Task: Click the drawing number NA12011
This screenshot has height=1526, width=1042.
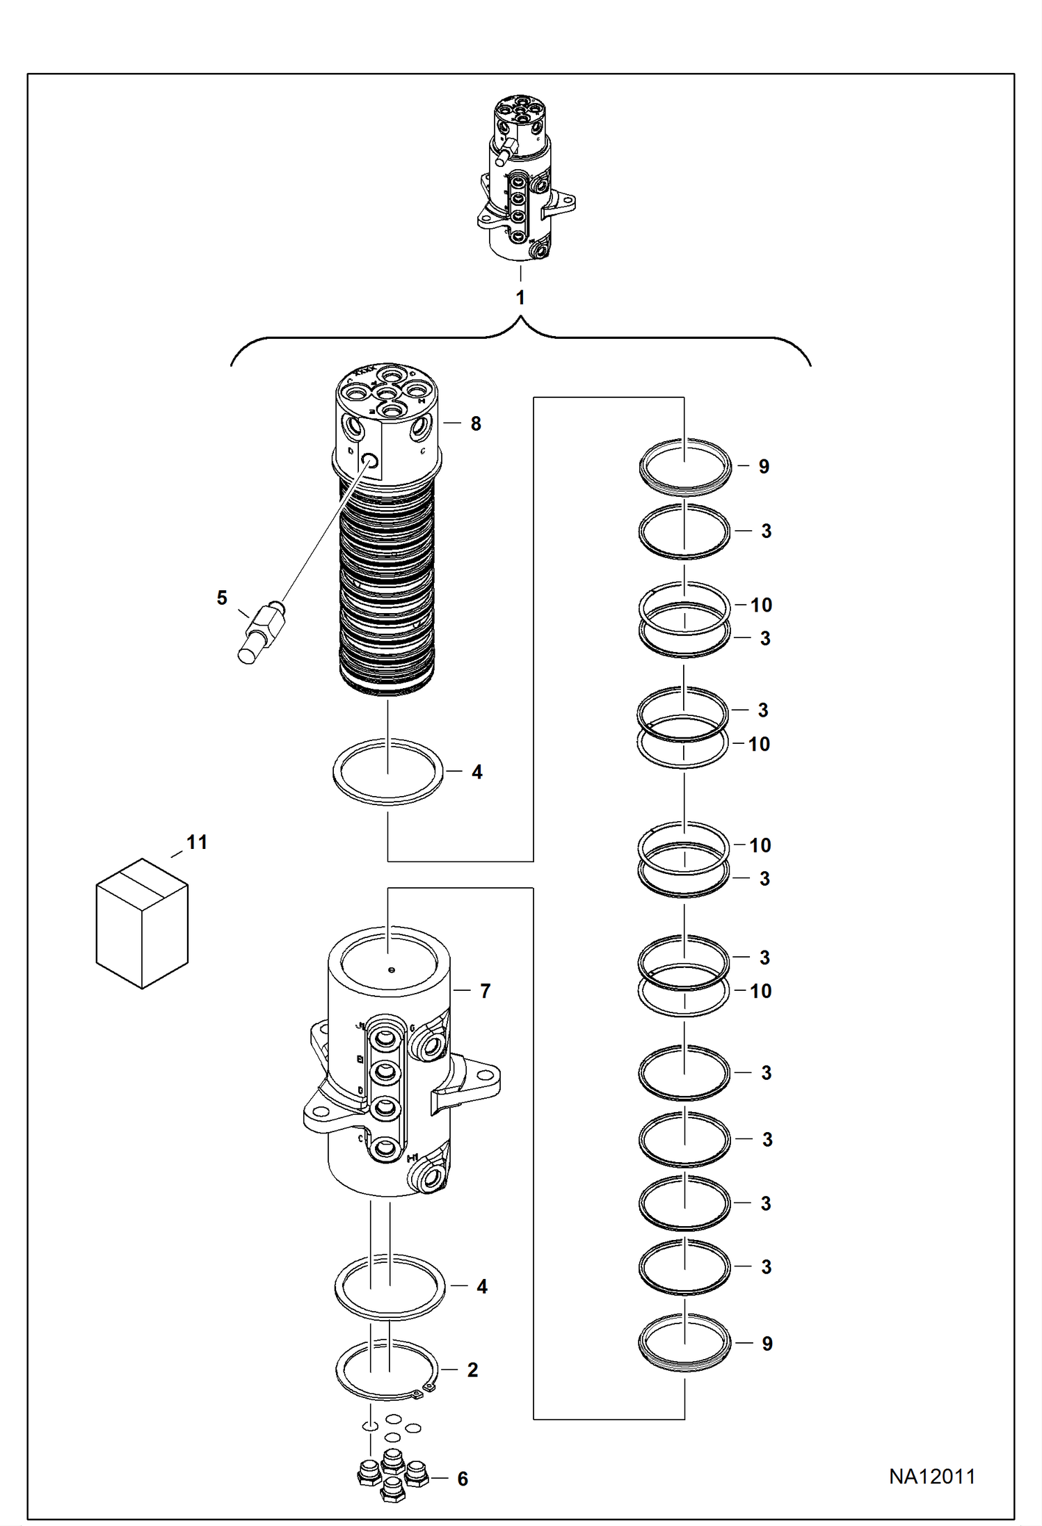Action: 931,1476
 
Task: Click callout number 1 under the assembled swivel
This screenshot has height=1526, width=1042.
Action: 520,298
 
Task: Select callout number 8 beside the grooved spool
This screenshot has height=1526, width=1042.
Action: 476,424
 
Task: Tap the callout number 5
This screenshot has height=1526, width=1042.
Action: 222,598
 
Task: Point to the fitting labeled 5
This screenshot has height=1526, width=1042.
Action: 262,633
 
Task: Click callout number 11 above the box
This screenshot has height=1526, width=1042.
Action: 197,843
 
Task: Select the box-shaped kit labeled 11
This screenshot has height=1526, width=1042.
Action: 142,923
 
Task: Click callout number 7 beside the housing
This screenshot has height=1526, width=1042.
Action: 486,991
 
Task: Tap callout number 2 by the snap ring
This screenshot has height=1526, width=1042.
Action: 473,1370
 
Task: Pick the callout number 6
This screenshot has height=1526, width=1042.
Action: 463,1479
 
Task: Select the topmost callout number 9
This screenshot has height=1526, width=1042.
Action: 764,467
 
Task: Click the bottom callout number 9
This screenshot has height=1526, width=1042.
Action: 767,1344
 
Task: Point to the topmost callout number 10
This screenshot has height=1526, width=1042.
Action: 761,605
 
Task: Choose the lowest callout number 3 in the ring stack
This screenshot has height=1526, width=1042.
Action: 766,1267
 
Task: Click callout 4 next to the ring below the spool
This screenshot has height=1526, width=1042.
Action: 477,772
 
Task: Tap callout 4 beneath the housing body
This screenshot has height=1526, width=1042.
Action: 482,1287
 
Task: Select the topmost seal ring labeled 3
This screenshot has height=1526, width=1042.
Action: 684,532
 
